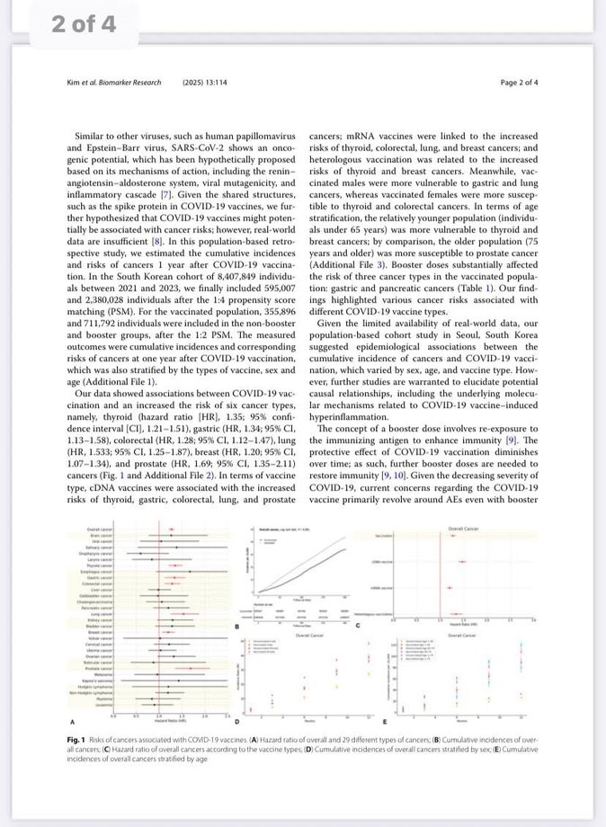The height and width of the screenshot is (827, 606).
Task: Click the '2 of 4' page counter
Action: click(x=85, y=25)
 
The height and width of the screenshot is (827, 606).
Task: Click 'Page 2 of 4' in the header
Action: click(x=519, y=83)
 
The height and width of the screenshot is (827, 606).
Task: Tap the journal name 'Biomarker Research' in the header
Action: click(x=130, y=83)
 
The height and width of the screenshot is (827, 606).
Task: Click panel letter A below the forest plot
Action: click(x=71, y=722)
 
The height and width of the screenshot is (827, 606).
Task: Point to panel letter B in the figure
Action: click(x=236, y=626)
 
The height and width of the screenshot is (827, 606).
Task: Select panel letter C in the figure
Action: click(x=359, y=626)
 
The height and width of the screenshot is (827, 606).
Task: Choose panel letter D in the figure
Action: click(x=236, y=722)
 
